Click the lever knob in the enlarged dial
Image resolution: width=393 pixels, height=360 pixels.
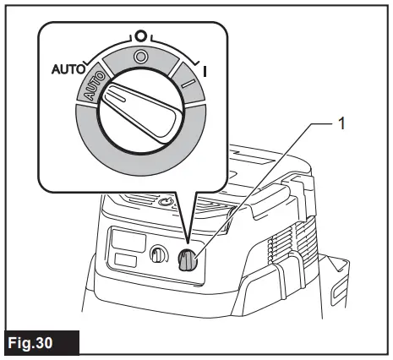click(x=139, y=114)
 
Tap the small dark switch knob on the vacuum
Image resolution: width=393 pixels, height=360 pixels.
click(x=188, y=262)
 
